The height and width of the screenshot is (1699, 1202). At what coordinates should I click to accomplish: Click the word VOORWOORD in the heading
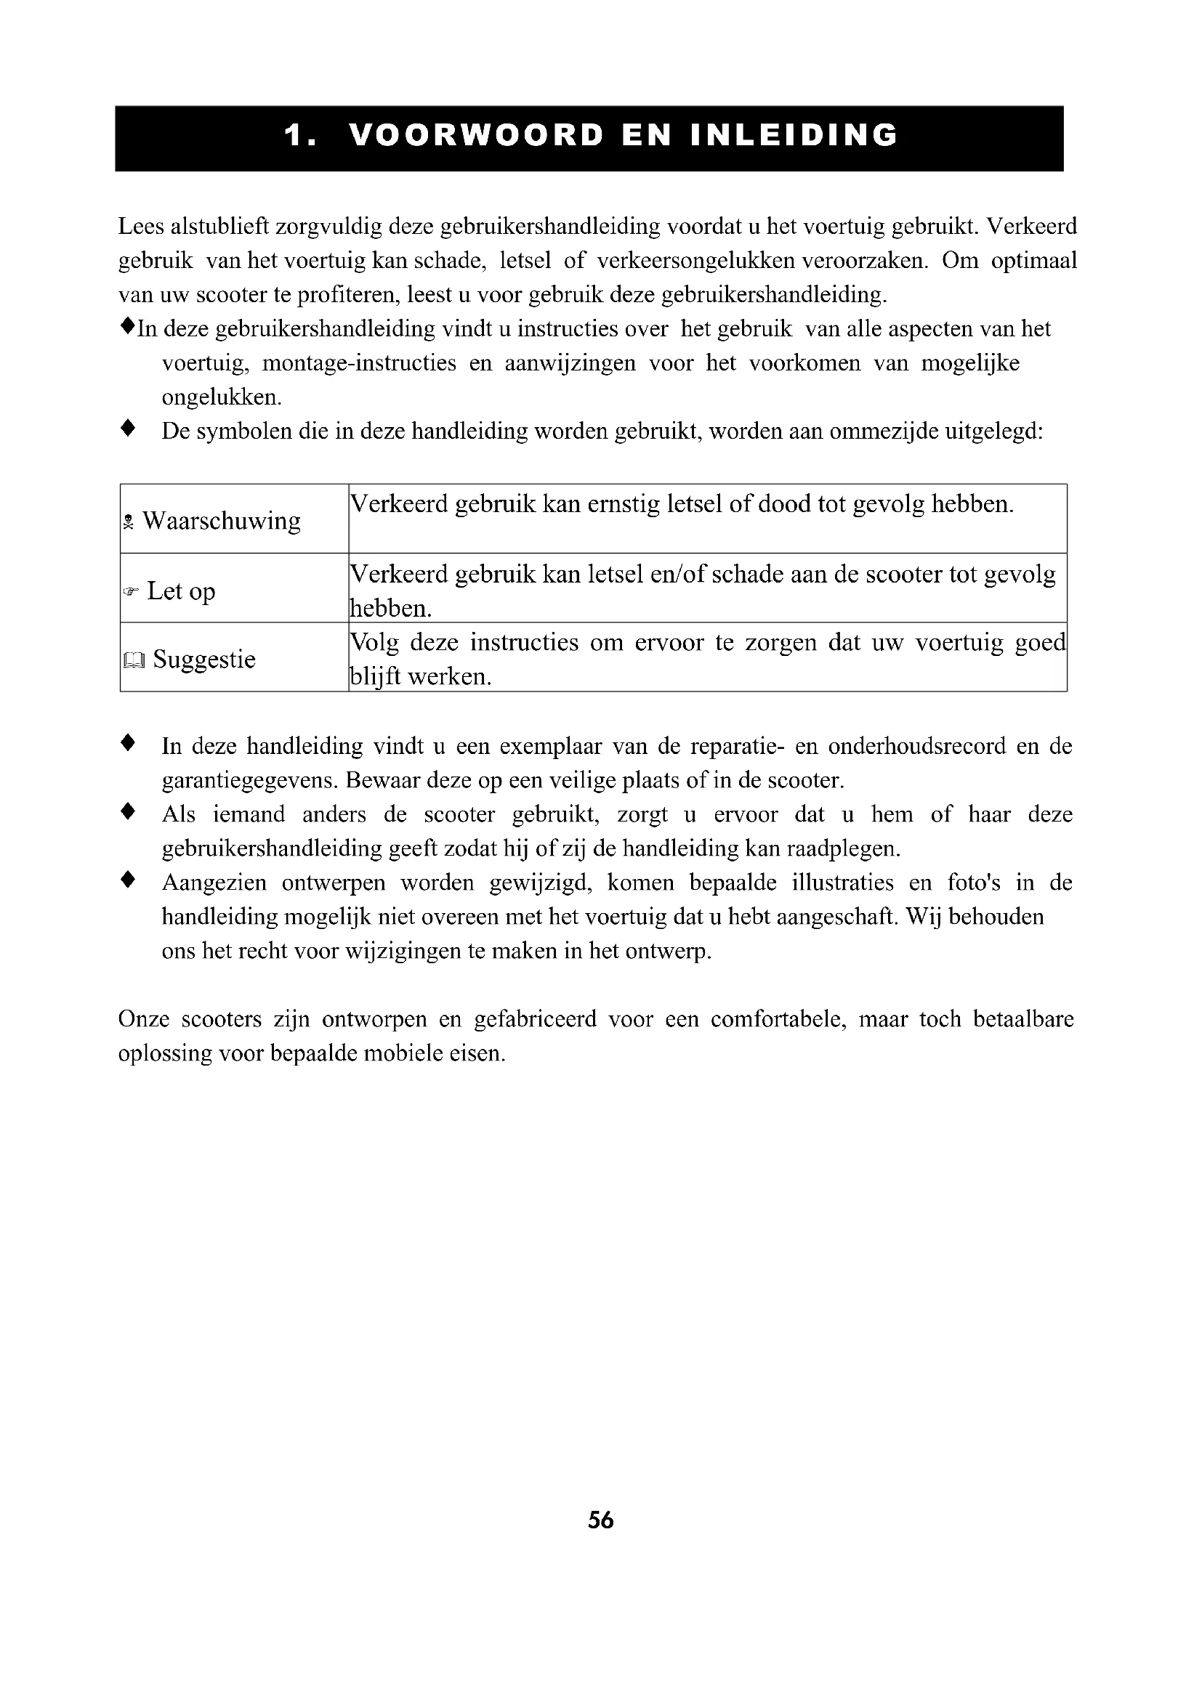475,136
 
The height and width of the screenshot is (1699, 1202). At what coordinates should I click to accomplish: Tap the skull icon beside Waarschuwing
129,522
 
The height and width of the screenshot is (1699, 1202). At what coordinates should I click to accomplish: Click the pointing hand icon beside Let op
131,592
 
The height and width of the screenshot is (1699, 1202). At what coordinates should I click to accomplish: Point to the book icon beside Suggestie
134,660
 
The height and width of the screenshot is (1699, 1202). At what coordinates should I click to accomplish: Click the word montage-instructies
359,363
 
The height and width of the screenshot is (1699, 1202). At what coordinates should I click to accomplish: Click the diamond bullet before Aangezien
128,880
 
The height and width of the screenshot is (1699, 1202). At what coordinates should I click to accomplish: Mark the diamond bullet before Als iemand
128,812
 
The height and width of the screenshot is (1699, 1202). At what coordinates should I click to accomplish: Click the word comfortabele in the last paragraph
777,1020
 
